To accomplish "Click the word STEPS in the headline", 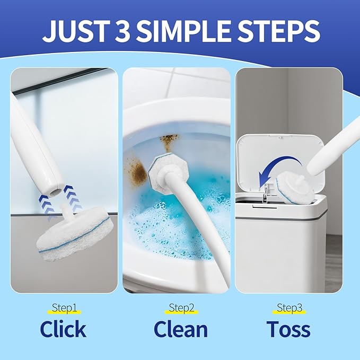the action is pyautogui.click(x=278, y=31).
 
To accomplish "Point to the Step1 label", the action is pyautogui.click(x=64, y=308).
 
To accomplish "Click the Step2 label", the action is pyautogui.click(x=181, y=308).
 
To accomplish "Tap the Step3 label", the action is pyautogui.click(x=289, y=308).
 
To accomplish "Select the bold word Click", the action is pyautogui.click(x=63, y=329).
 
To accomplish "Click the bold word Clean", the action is pyautogui.click(x=181, y=329).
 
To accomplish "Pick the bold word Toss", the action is pyautogui.click(x=288, y=329).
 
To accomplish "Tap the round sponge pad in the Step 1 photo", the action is pyautogui.click(x=74, y=233).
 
